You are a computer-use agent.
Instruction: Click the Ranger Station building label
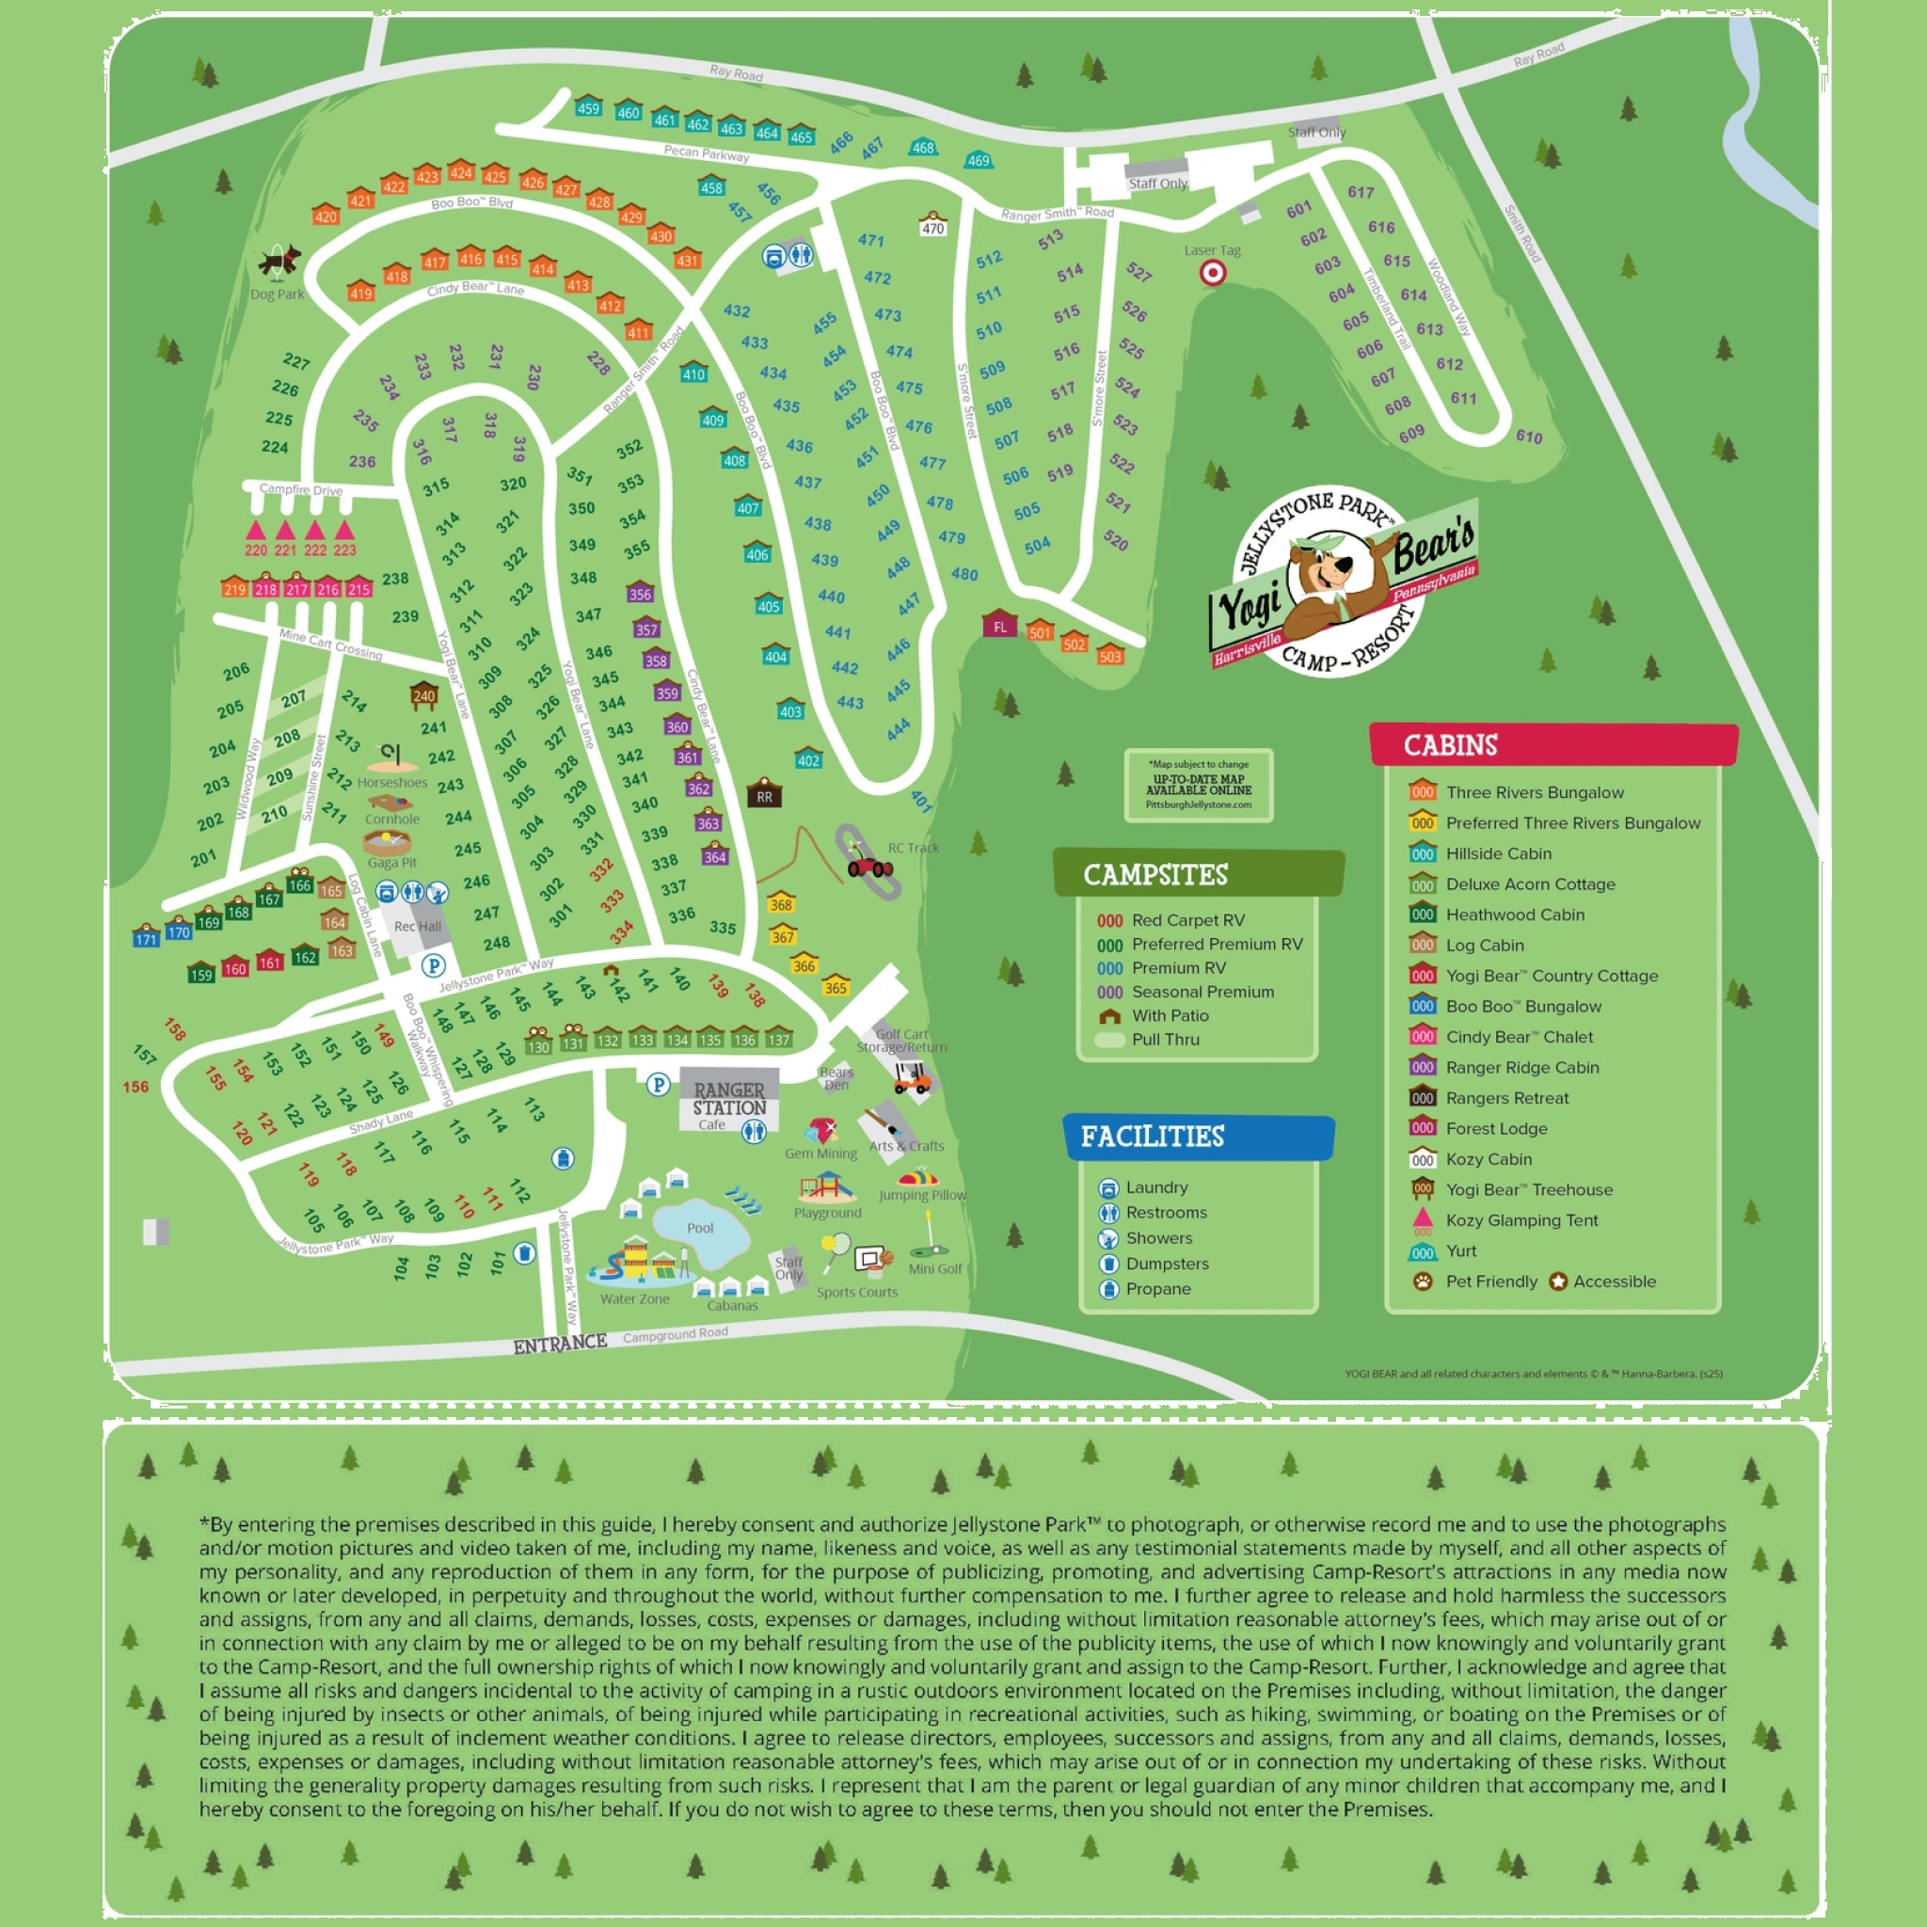[x=729, y=1099]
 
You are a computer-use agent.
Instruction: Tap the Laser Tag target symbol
[x=1212, y=272]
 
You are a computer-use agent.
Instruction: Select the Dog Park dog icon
[x=279, y=262]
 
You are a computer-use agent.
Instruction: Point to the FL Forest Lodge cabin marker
[x=999, y=626]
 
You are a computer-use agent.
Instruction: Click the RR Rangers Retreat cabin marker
[x=764, y=795]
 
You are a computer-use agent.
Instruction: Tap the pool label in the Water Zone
[x=700, y=1228]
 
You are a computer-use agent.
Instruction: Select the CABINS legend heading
[x=1450, y=745]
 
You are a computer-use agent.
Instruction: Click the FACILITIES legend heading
[x=1152, y=1137]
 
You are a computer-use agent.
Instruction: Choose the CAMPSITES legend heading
[x=1155, y=875]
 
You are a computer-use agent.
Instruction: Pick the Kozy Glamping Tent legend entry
[x=1521, y=1219]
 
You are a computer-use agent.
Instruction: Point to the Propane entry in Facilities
[x=1157, y=1289]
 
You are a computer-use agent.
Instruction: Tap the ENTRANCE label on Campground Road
[x=560, y=1344]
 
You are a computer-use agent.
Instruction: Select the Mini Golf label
[x=934, y=1268]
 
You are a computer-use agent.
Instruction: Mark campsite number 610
[x=1528, y=436]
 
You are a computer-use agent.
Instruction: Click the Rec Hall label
[x=417, y=927]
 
